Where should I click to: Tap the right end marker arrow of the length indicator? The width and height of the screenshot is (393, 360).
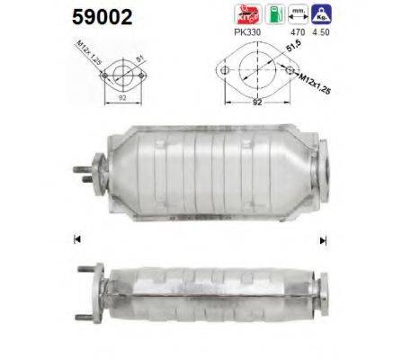point(322,240)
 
